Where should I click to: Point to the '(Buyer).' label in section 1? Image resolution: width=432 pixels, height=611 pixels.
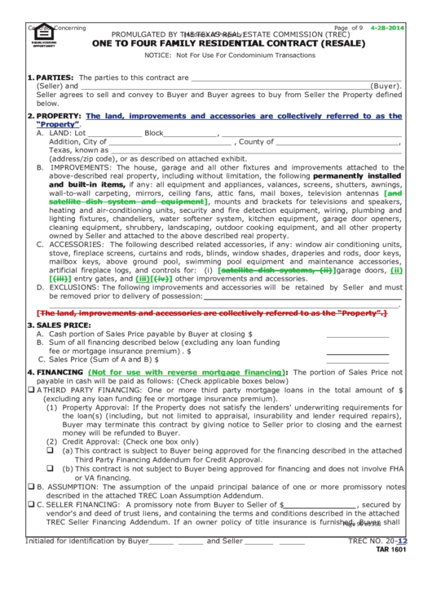(x=386, y=86)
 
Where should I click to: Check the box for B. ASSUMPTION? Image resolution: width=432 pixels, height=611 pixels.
(x=30, y=486)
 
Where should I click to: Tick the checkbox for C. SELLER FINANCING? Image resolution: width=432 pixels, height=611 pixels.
(x=30, y=505)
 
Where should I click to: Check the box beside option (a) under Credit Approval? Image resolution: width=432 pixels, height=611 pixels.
(x=50, y=449)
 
